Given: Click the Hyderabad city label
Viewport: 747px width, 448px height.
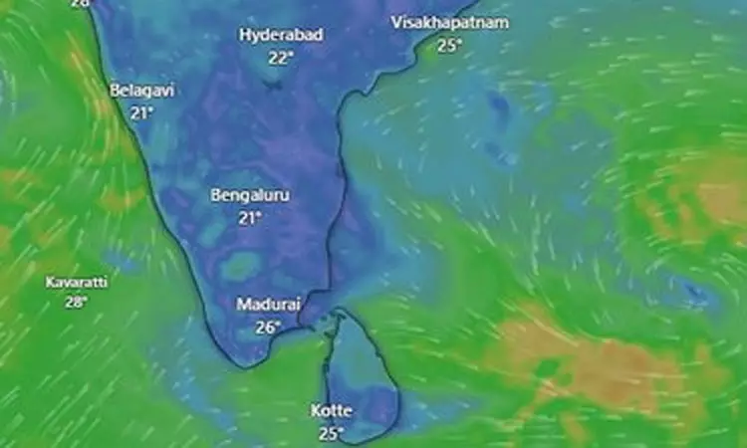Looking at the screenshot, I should [x=281, y=35].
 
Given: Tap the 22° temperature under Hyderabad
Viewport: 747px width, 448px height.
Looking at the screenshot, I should [x=281, y=57].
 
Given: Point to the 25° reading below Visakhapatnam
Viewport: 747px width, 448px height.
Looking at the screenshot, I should [x=450, y=44].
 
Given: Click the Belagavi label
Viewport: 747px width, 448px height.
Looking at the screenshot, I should [x=142, y=90].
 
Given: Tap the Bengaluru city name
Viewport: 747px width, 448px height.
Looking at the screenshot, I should [x=250, y=195].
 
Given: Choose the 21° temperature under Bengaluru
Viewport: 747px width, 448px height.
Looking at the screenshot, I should [x=249, y=217].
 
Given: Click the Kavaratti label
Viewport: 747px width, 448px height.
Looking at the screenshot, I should [x=77, y=282].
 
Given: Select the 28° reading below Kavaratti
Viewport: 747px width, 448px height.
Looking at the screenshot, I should [x=77, y=302].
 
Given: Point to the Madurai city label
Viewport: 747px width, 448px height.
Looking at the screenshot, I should [x=269, y=304].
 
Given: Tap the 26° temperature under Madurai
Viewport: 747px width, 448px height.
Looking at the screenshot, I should [x=268, y=326].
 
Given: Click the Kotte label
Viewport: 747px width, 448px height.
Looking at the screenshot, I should [x=331, y=410].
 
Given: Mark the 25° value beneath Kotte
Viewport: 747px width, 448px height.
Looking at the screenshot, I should [x=331, y=432].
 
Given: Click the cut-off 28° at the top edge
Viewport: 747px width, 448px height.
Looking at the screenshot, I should [x=80, y=4].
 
